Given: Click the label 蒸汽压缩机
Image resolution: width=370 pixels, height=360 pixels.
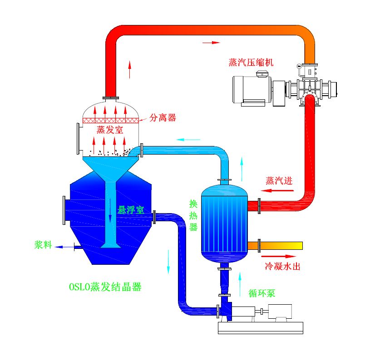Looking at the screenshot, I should coord(251,62).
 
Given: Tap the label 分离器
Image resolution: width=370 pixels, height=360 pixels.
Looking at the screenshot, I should coord(163,118).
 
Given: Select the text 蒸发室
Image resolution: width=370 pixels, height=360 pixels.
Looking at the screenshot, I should coord(110,130).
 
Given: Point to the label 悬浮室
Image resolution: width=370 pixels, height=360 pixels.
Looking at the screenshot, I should coord(131,210).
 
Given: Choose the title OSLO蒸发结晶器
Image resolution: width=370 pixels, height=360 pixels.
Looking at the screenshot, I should coord(105,287).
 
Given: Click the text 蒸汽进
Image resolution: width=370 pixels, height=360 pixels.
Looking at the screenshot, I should coord(279,180).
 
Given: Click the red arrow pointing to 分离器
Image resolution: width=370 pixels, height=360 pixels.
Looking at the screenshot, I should coord(143,120).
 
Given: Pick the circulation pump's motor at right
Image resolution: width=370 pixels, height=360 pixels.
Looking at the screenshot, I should coord(280,311).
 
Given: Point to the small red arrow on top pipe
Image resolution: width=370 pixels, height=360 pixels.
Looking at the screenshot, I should coord(211,43).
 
